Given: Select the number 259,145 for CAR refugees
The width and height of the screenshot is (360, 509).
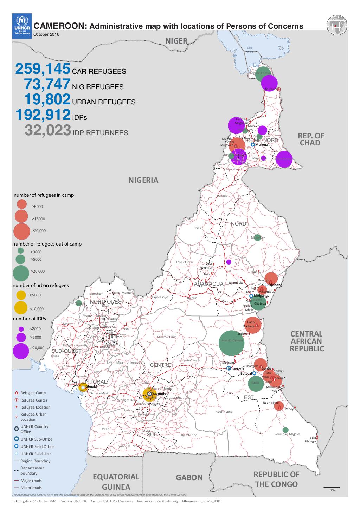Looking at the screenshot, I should (43, 69).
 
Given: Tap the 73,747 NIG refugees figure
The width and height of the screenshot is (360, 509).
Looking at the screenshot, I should (47, 85).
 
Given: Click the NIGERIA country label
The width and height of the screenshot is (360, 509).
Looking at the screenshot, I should (143, 180).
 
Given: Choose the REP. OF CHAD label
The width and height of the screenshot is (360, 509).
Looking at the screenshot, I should (311, 139).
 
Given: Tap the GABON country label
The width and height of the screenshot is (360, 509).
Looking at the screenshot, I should (189, 478).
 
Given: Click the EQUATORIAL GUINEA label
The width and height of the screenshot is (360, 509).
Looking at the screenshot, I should (116, 482).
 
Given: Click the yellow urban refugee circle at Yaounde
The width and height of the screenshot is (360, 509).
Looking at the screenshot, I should (150, 394).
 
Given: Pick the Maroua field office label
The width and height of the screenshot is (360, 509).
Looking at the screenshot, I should (261, 144).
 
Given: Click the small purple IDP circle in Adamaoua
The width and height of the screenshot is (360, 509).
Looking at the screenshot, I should (229, 262).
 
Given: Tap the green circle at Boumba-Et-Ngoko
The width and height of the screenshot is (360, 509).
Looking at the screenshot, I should (285, 430).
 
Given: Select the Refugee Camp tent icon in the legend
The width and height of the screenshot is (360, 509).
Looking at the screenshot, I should (16, 393).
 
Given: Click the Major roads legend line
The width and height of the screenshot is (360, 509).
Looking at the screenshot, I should (16, 481).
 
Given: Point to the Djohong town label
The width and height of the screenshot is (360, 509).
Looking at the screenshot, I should (275, 285).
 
